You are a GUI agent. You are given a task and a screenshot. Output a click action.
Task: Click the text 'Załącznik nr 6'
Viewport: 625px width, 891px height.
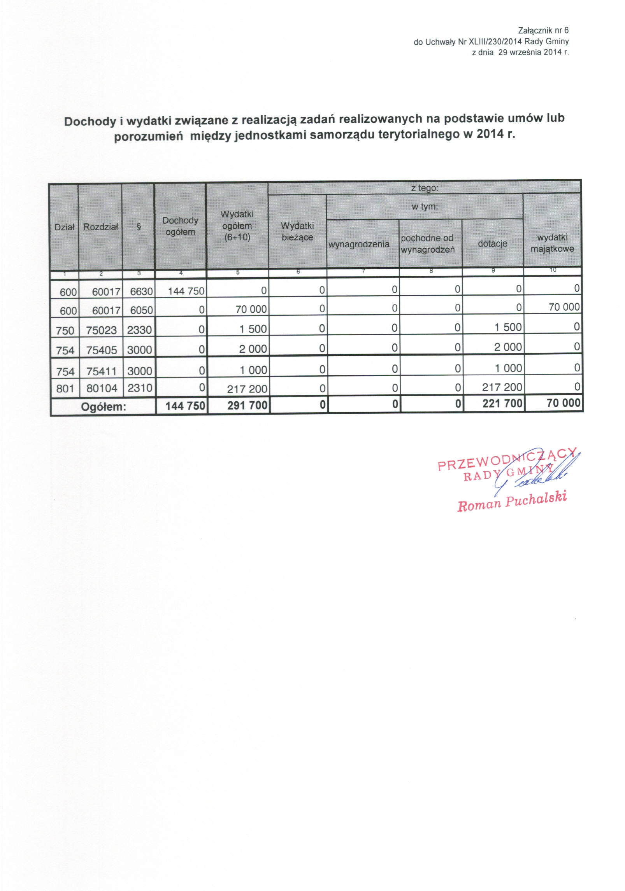click(543, 30)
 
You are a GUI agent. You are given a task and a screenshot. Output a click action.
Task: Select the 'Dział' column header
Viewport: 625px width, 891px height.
click(64, 228)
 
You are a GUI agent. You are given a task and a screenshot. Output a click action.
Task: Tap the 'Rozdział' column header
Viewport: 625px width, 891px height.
click(100, 227)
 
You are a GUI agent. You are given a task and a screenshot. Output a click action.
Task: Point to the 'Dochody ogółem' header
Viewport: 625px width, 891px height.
click(180, 226)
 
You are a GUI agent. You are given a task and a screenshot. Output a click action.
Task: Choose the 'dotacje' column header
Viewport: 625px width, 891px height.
click(492, 244)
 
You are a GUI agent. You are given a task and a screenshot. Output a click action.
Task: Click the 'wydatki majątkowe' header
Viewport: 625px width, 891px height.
click(552, 243)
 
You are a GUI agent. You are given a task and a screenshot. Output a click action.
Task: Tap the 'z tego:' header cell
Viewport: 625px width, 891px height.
click(425, 188)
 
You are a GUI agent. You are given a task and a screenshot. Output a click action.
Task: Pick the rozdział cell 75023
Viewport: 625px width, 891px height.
click(102, 330)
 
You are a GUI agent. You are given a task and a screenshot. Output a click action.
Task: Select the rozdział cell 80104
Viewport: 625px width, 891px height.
click(102, 388)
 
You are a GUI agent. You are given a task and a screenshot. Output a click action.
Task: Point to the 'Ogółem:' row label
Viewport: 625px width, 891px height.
click(103, 407)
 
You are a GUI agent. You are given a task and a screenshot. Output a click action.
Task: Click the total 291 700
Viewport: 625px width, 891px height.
click(248, 406)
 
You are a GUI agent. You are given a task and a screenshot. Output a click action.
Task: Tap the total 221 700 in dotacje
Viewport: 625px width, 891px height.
click(502, 404)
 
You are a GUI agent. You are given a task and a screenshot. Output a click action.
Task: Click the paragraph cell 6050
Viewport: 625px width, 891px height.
click(141, 310)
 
